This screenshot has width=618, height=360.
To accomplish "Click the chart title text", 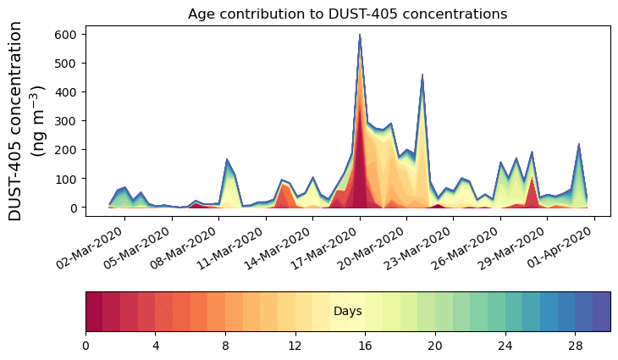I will click(x=347, y=14).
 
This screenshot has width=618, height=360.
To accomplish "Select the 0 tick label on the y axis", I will click(x=74, y=208).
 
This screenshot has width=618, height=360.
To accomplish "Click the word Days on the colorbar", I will click(x=347, y=312).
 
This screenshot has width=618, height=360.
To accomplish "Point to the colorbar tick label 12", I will click(x=295, y=346).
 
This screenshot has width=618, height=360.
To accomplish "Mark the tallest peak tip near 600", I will click(x=360, y=35).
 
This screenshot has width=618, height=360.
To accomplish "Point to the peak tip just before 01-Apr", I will click(x=578, y=144).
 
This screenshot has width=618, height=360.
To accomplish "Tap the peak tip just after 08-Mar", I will click(x=227, y=159).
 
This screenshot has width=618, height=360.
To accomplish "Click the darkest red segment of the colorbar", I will click(x=94, y=312).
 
